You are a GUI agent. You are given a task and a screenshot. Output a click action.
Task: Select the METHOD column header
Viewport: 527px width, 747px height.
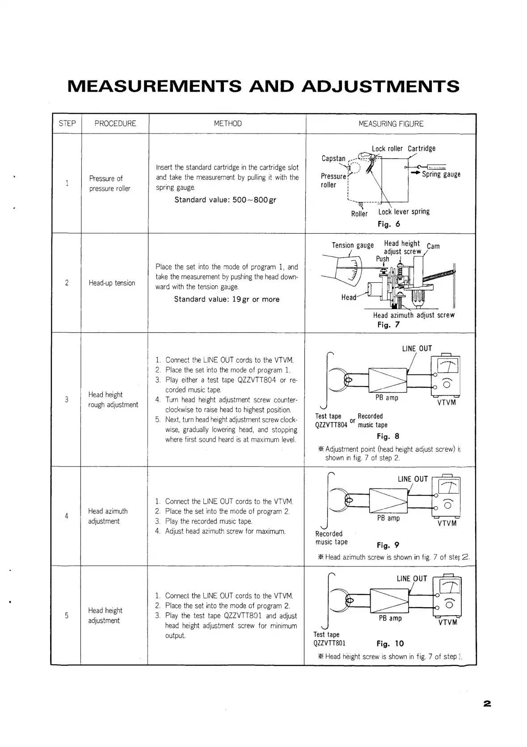coord(228,124)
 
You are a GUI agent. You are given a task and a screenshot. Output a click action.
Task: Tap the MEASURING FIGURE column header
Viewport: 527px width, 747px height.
coord(391,124)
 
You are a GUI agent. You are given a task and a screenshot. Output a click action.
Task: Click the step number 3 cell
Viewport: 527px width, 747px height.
coord(67,399)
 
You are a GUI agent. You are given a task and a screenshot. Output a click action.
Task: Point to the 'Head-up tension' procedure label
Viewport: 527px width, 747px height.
coord(112,283)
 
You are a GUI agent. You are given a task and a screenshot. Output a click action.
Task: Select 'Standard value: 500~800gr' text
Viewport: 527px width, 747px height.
coord(225,200)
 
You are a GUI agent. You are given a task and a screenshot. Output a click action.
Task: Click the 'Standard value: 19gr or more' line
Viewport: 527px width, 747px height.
coord(227,299)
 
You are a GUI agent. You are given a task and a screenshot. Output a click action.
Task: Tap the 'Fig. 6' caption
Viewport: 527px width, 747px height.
coord(388,224)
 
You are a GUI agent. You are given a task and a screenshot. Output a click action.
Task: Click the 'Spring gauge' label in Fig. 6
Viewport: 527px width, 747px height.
coord(441,174)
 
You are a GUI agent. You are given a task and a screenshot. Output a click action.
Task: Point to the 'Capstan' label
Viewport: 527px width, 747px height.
coord(333,159)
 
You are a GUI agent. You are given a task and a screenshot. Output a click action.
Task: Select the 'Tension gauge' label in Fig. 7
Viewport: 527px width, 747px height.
coord(352,245)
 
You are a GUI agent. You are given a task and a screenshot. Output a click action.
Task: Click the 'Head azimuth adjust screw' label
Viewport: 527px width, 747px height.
coord(413,315)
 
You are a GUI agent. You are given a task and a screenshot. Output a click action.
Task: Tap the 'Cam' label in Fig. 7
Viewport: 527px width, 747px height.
coord(433,246)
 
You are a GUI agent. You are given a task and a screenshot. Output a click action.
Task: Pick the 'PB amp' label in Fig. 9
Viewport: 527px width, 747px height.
coord(388,518)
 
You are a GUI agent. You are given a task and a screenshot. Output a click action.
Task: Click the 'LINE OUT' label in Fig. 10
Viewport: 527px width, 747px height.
coord(412,579)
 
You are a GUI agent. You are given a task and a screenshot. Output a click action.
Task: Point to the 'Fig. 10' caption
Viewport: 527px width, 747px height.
coord(390,644)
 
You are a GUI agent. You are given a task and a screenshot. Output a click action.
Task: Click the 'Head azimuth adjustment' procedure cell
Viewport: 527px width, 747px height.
coord(108,516)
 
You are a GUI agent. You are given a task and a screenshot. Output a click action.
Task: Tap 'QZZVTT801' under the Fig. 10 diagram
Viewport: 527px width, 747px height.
coord(329,644)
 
